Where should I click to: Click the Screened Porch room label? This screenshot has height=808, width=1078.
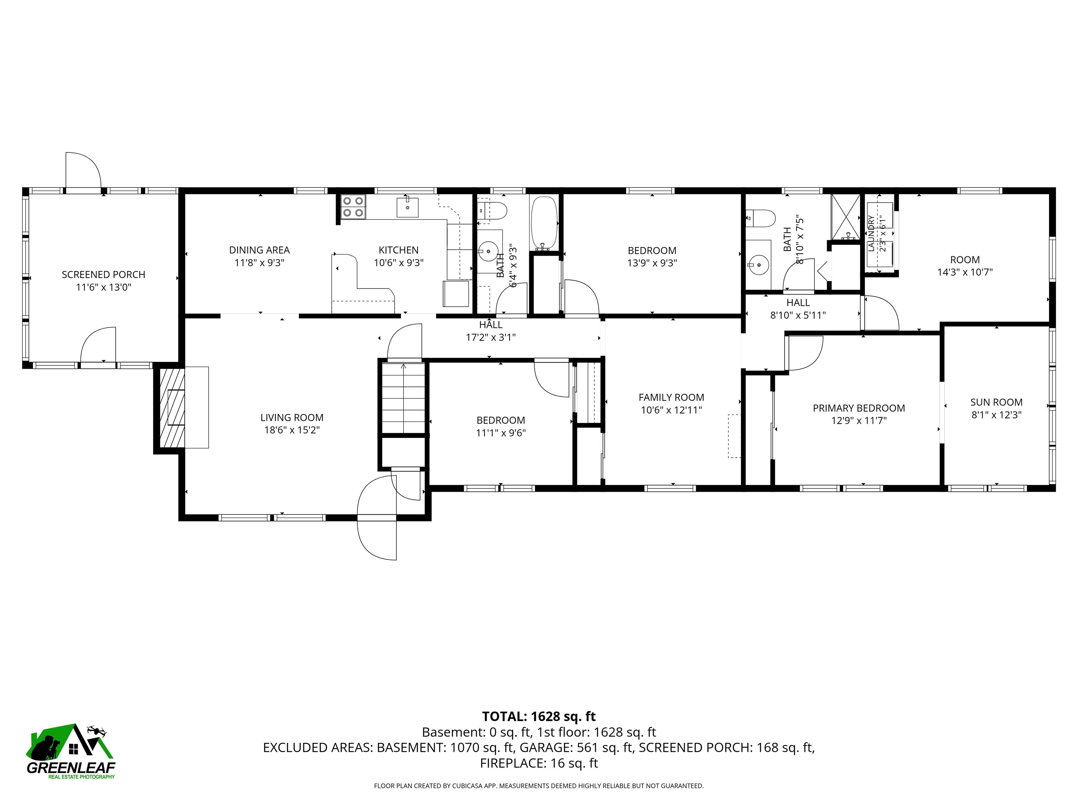click(103, 275)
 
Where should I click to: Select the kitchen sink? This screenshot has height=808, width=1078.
click(407, 207)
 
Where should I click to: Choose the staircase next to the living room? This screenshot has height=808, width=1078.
click(403, 397)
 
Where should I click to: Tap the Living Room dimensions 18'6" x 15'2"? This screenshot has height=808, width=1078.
click(292, 430)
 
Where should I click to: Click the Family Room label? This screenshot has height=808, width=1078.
click(671, 397)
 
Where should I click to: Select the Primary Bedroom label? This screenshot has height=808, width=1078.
click(859, 408)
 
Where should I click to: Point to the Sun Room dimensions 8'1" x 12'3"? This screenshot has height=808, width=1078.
click(996, 415)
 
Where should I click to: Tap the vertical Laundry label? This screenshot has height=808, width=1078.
click(871, 233)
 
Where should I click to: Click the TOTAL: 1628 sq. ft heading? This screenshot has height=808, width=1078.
click(539, 716)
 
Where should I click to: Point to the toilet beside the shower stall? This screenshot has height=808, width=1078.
click(760, 218)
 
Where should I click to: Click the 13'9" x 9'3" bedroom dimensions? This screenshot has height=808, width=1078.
click(652, 263)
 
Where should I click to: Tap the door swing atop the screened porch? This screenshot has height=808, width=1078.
click(83, 170)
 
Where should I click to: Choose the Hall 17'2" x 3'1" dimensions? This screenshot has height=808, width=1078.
click(491, 337)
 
